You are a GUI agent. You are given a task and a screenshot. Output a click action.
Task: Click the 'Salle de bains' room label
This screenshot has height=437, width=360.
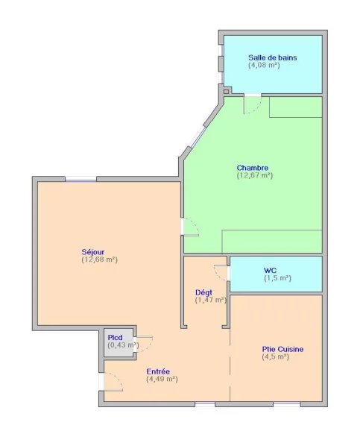coord(273,57)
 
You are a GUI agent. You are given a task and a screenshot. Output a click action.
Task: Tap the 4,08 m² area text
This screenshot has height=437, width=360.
coord(264,65)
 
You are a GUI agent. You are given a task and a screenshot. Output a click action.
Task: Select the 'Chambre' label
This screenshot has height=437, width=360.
coord(253,168)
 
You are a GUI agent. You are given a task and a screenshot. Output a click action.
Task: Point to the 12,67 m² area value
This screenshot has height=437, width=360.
coord(255,175)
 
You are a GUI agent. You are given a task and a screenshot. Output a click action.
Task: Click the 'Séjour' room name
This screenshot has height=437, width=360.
coord(93,252)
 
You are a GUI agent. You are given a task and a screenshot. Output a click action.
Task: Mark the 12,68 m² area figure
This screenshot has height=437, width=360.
coord(99,260)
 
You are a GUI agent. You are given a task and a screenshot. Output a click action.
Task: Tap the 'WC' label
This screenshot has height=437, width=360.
coord(270,270)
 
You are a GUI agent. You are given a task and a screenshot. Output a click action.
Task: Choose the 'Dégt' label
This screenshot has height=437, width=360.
coord(203,292)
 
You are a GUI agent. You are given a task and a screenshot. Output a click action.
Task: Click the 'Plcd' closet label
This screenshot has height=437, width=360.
coord(115,338)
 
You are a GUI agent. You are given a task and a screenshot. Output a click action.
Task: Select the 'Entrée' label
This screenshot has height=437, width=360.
coord(158,371)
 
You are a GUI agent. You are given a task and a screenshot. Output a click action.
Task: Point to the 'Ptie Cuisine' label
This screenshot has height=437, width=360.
coord(282,349)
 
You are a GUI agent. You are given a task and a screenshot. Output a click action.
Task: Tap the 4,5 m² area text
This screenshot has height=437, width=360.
coord(275,356)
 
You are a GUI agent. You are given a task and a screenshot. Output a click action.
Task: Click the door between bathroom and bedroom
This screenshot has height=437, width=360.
coord(252,104)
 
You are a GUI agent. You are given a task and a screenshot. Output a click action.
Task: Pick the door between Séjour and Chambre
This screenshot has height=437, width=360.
coord(190,227)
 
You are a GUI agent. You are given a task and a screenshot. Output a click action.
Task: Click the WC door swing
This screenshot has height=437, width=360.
coord(221,273)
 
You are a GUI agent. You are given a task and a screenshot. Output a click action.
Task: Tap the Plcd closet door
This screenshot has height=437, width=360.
coord(144,345)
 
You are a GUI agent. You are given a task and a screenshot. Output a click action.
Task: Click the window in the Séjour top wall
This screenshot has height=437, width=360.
coord(80,179)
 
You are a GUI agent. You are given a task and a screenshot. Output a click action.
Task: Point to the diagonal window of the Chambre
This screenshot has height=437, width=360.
coord(198,136)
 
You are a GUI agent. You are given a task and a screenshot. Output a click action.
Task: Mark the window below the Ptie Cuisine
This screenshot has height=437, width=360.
coord(287,404)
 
